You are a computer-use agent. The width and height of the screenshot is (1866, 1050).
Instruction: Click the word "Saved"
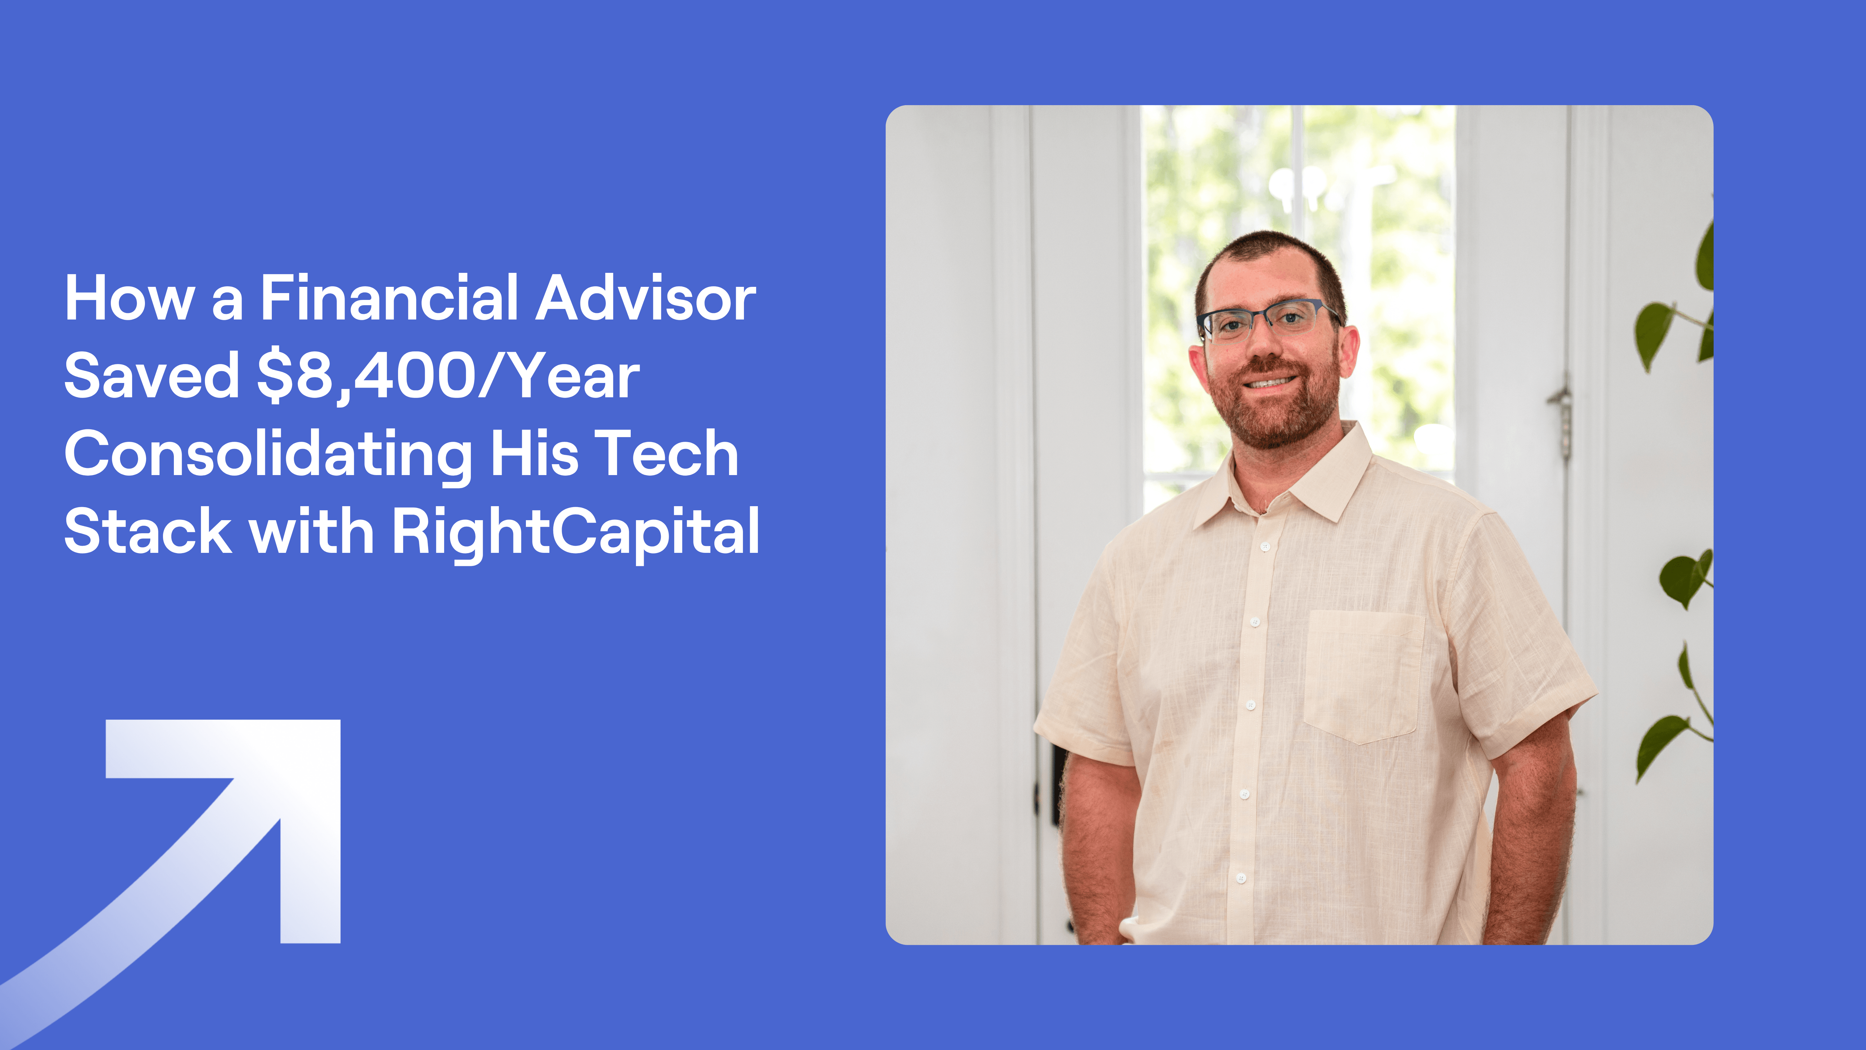(151, 376)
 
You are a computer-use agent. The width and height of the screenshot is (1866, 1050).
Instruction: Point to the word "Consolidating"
(268, 454)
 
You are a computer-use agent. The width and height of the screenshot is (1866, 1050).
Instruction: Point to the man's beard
(1275, 413)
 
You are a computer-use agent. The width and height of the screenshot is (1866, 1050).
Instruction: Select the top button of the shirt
(1265, 546)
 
